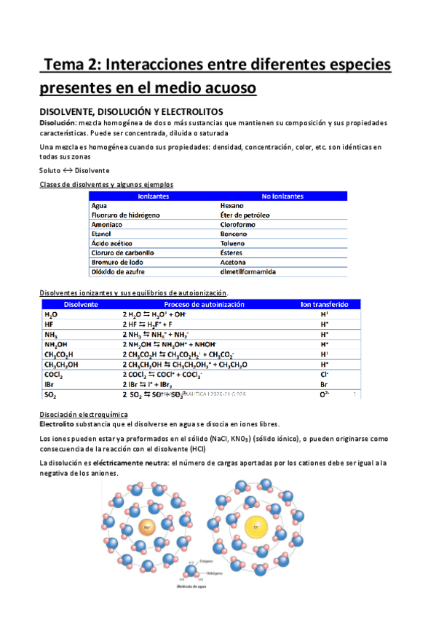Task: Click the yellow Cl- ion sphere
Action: pyautogui.click(x=256, y=525)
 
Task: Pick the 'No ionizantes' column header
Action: pyautogui.click(x=282, y=196)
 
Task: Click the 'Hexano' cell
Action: pyautogui.click(x=232, y=206)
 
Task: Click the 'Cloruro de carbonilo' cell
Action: pyautogui.click(x=124, y=252)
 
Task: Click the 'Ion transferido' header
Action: pyautogui.click(x=325, y=304)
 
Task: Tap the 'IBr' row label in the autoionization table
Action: pyautogui.click(x=50, y=383)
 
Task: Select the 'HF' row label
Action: pyautogui.click(x=49, y=324)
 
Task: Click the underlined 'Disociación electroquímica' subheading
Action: pyautogui.click(x=83, y=413)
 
